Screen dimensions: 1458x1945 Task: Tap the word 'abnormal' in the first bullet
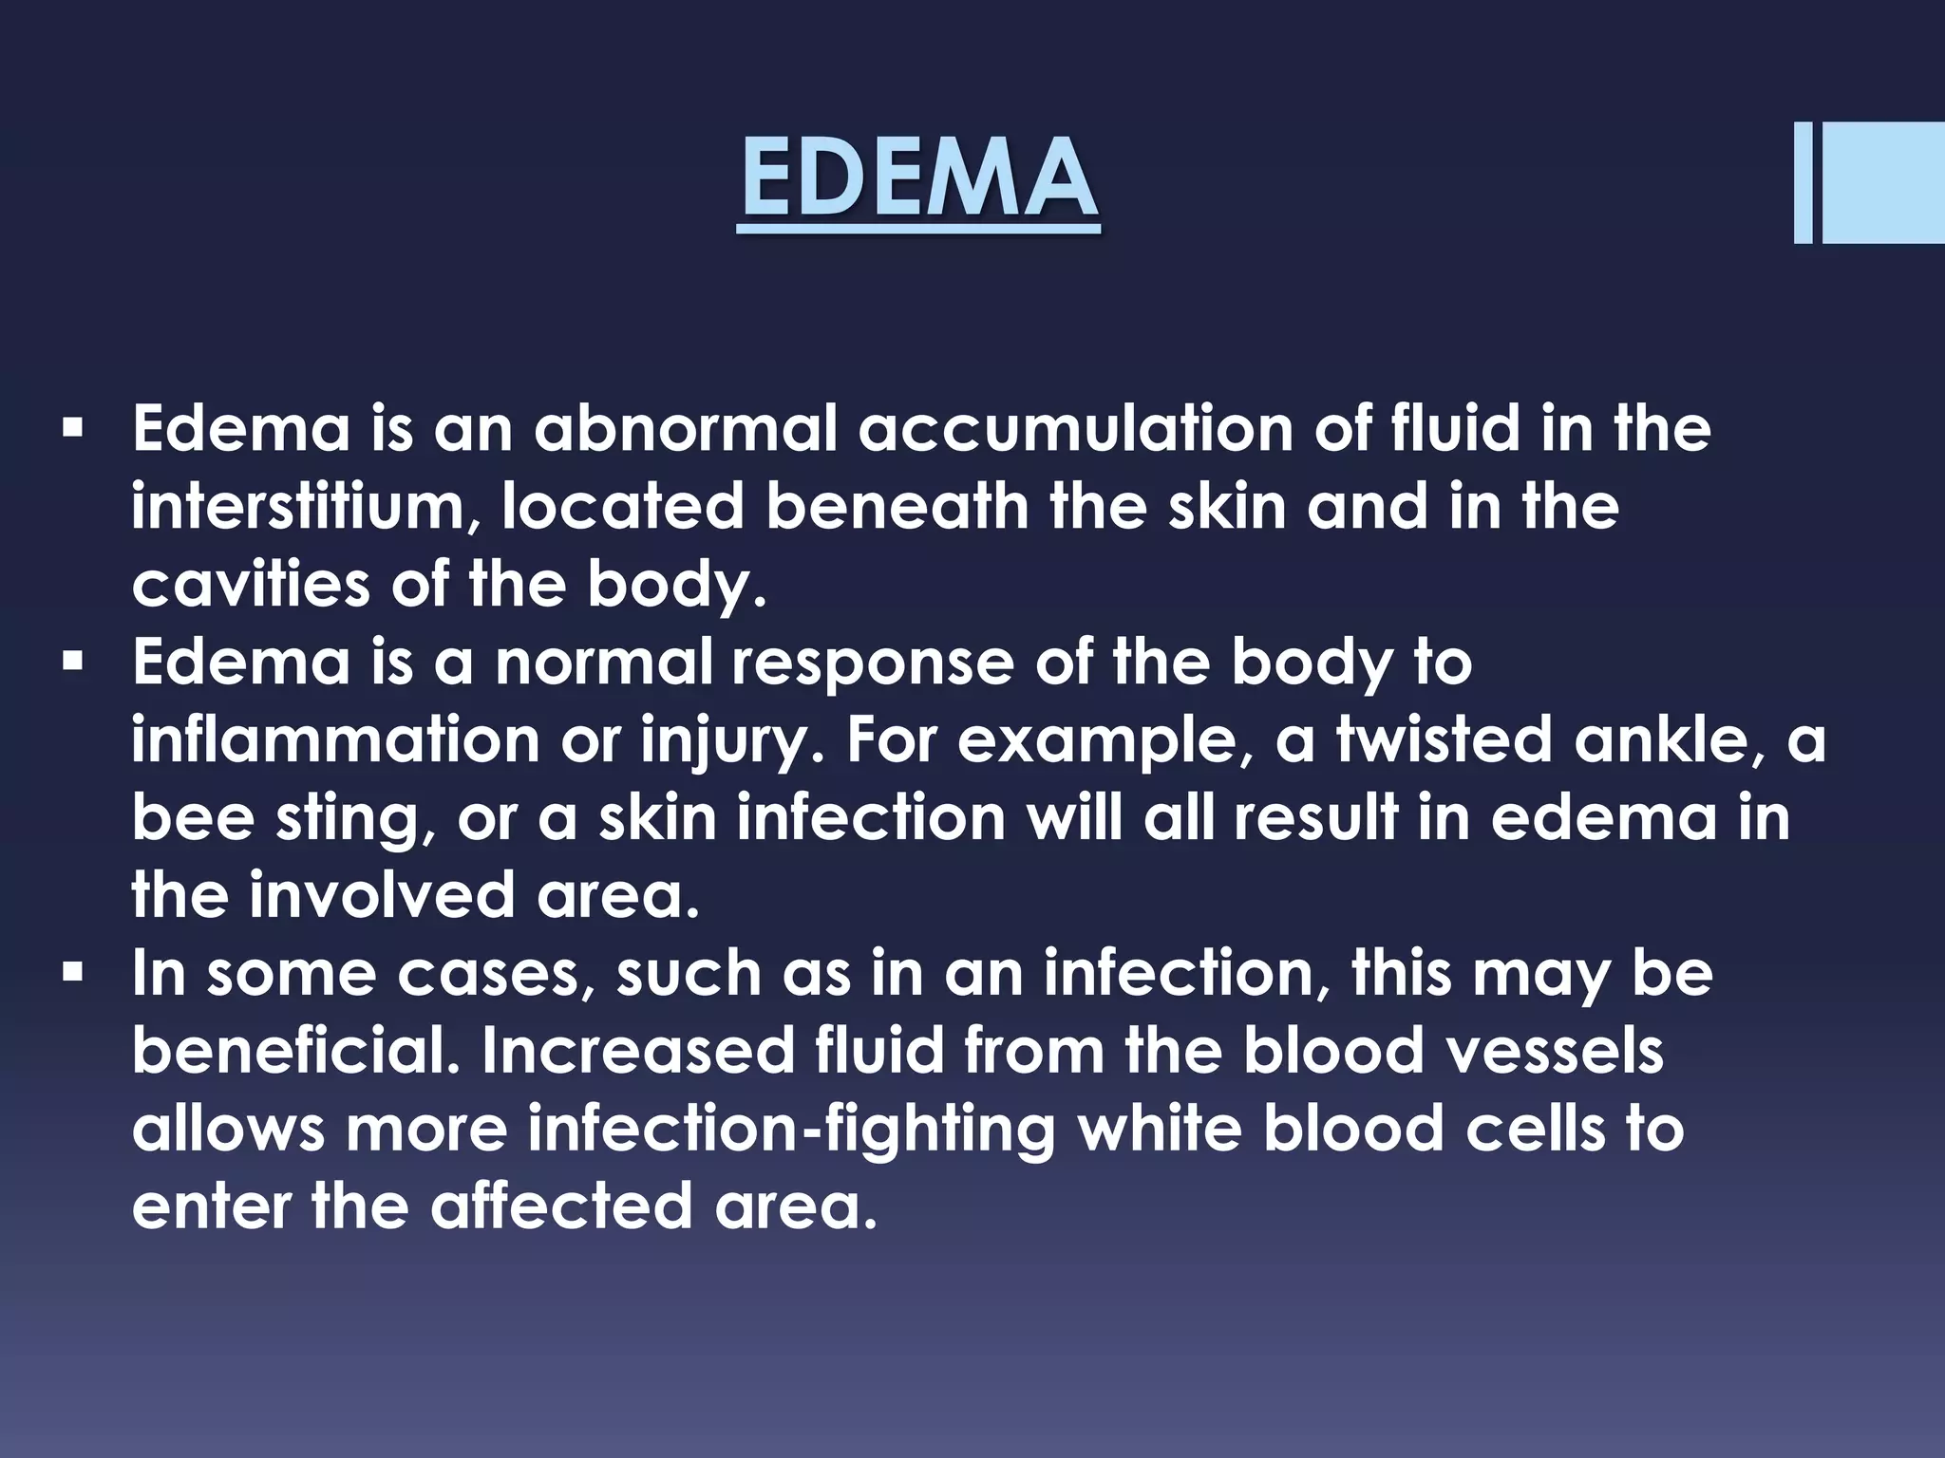686,429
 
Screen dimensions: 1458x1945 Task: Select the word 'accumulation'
1075,429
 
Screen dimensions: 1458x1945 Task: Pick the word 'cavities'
250,585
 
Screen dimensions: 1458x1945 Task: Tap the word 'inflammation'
335,740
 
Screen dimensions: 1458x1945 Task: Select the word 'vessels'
1568,1052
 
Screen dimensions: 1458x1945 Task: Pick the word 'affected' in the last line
561,1207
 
